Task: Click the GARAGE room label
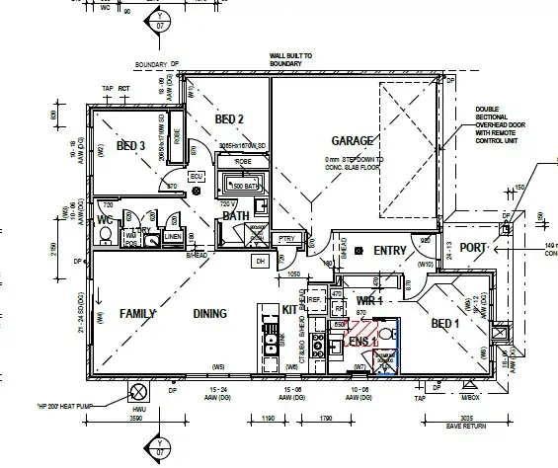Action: tap(352, 140)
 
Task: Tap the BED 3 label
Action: tap(130, 146)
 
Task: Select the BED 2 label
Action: tap(229, 119)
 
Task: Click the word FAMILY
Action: tap(139, 313)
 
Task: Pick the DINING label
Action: tap(209, 314)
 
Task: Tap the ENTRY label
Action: tap(390, 251)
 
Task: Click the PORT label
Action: tap(473, 248)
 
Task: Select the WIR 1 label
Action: tap(368, 299)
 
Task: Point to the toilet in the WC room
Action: tap(104, 235)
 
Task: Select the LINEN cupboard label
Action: tap(172, 237)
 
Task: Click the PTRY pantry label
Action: tap(287, 238)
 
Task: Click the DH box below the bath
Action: tap(261, 261)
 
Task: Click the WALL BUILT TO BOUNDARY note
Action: tap(286, 60)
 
